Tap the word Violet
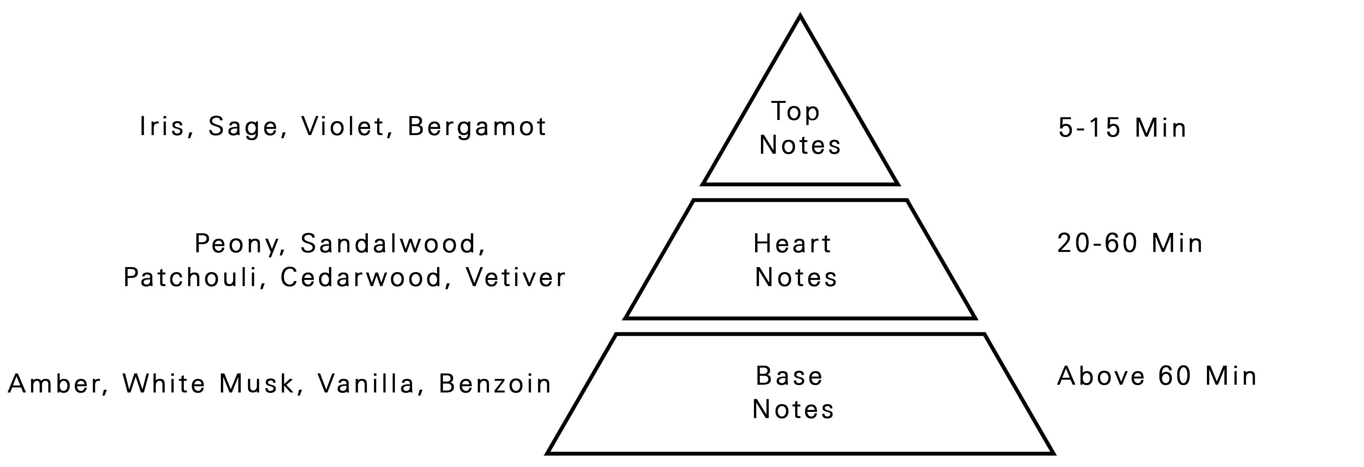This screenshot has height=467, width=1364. tap(343, 127)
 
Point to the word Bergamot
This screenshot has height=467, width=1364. tap(477, 127)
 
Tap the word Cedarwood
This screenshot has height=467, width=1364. tap(361, 278)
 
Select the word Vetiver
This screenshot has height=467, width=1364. tap(516, 278)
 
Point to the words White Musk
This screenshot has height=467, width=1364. tap(208, 384)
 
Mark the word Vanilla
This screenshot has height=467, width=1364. tap(366, 384)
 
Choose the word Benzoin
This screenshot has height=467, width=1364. tap(495, 384)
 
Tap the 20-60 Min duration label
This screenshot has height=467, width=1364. tap(1130, 244)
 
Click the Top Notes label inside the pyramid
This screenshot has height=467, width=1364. tap(799, 128)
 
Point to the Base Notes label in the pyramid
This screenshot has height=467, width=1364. tap(793, 393)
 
